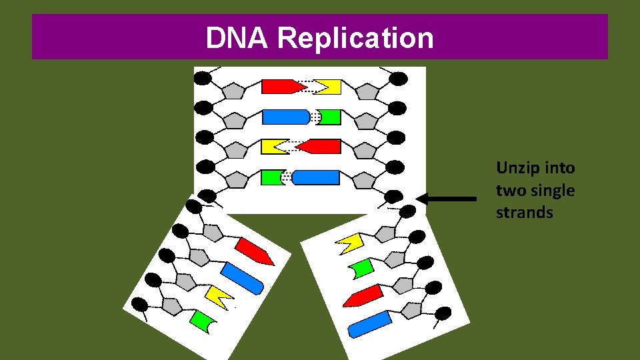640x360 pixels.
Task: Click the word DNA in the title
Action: [x=238, y=39]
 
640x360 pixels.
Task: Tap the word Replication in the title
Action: [x=355, y=39]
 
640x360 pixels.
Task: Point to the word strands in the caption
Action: [x=525, y=213]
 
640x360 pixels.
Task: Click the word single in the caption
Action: [x=551, y=190]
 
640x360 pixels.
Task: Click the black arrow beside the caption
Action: [x=446, y=199]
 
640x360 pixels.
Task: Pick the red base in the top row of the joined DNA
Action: [x=279, y=87]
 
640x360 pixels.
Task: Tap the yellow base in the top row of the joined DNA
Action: [x=329, y=87]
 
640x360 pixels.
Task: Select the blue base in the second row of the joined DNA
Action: [x=286, y=117]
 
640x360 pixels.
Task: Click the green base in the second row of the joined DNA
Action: [x=329, y=117]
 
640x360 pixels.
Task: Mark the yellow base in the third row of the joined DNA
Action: [x=274, y=146]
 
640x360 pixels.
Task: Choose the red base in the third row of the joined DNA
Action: [x=319, y=146]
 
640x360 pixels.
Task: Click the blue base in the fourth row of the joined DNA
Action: [x=316, y=177]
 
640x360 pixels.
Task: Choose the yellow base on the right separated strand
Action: [x=350, y=242]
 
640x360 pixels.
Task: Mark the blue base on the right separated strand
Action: [x=369, y=323]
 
